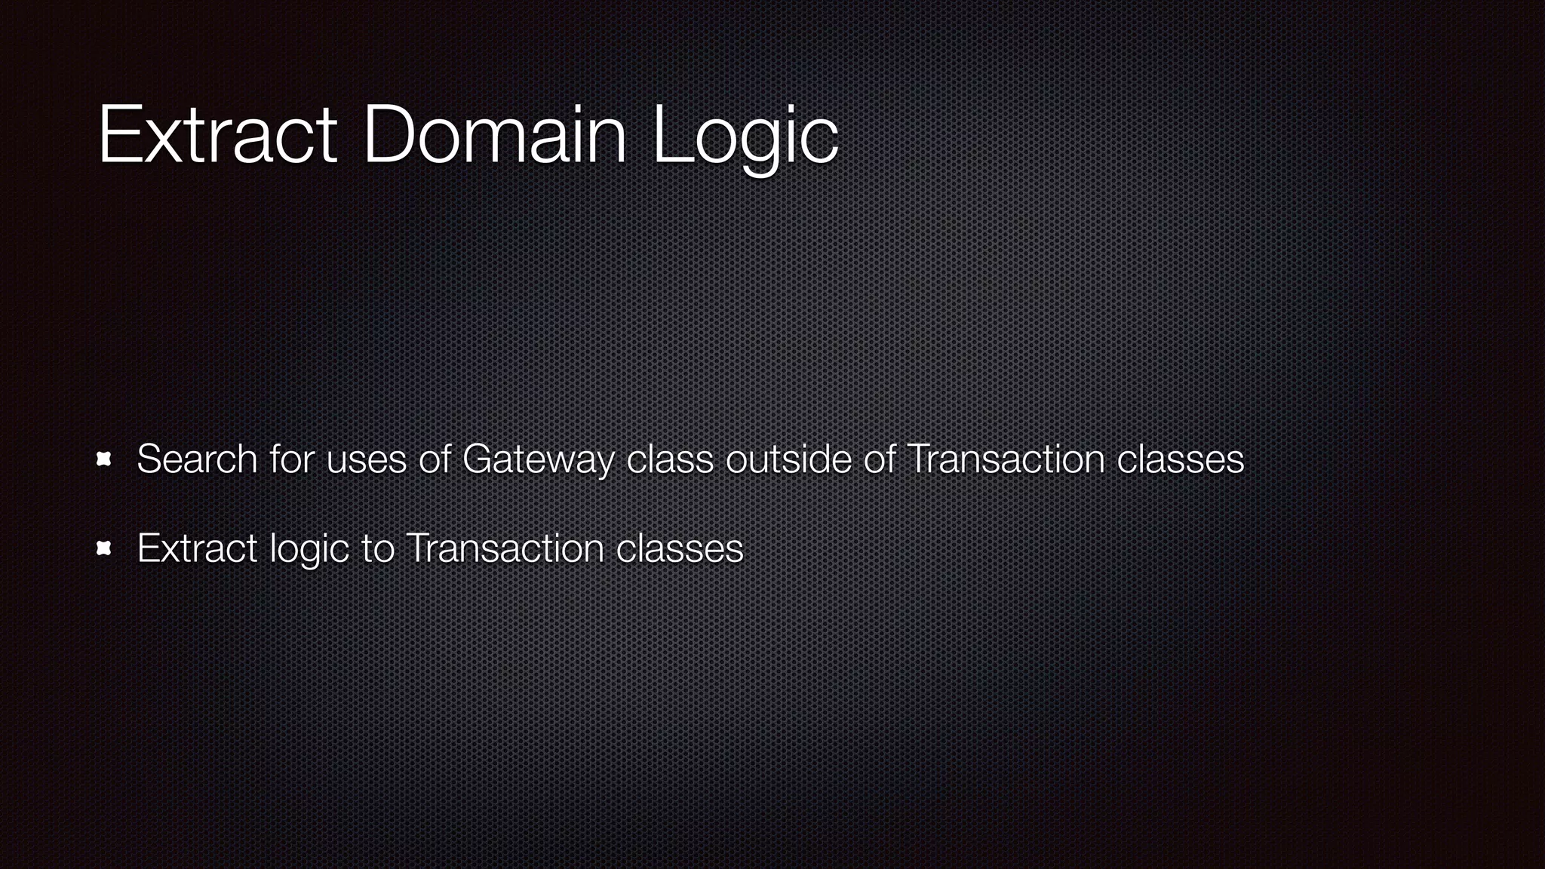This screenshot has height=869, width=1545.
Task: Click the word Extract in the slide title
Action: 217,136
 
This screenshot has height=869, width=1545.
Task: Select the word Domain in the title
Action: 495,136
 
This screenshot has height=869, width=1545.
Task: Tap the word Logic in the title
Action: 745,137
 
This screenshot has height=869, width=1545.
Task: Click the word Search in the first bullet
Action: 197,459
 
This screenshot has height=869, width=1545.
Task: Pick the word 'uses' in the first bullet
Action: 366,459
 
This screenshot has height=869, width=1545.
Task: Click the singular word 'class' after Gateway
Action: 670,459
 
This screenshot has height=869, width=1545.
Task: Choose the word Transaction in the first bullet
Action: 1006,459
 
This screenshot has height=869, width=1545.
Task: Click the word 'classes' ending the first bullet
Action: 1180,459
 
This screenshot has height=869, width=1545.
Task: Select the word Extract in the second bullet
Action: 197,548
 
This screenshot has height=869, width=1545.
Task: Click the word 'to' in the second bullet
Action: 377,548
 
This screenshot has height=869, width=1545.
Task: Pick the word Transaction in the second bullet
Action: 505,548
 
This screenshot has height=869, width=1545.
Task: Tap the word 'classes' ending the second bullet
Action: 680,548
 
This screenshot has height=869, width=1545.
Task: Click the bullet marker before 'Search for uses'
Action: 104,459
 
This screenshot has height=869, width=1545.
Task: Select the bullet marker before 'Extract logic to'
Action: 104,548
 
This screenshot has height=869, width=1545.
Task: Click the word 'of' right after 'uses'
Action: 435,459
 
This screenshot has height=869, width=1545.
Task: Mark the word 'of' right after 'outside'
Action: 879,459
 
